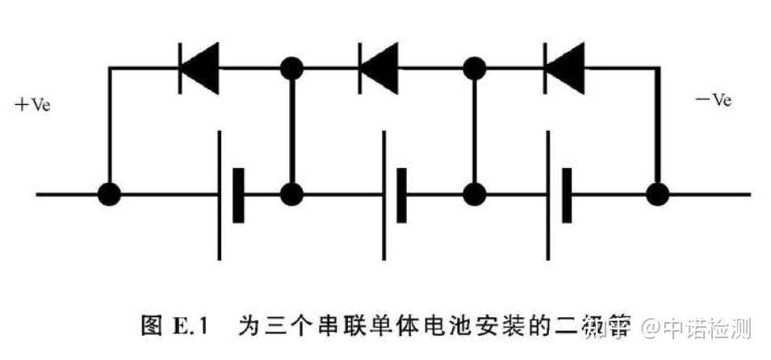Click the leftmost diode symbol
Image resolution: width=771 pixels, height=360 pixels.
pyautogui.click(x=199, y=68)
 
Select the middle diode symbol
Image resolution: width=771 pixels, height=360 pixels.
pyautogui.click(x=378, y=68)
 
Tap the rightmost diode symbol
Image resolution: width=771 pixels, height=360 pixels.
pyautogui.click(x=564, y=68)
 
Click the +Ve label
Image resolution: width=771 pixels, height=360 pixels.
pyautogui.click(x=33, y=105)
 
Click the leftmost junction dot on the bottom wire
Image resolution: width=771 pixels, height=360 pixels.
pyautogui.click(x=109, y=194)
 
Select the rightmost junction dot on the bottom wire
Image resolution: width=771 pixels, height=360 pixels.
pyautogui.click(x=659, y=194)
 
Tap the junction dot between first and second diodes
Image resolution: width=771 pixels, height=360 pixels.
pyautogui.click(x=291, y=68)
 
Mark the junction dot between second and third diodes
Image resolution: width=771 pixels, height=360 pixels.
pyautogui.click(x=476, y=68)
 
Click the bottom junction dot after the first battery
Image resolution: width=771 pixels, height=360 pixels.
pyautogui.click(x=291, y=194)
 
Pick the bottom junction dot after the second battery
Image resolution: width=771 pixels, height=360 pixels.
pyautogui.click(x=476, y=194)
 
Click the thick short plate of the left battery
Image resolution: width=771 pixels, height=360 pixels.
pyautogui.click(x=238, y=194)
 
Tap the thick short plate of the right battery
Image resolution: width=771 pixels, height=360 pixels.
pyautogui.click(x=567, y=194)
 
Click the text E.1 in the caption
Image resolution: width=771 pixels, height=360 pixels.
pyautogui.click(x=192, y=326)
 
